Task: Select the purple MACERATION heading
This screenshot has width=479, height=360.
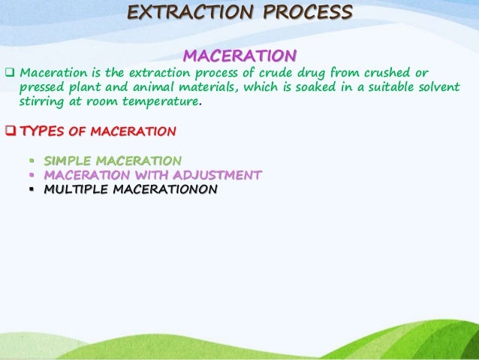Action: (x=239, y=56)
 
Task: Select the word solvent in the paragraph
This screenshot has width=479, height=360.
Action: (x=435, y=87)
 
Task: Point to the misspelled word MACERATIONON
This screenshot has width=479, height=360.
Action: (x=164, y=189)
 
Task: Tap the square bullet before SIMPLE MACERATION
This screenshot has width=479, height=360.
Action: (x=32, y=161)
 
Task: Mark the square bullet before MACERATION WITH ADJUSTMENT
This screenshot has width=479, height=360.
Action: (x=32, y=175)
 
